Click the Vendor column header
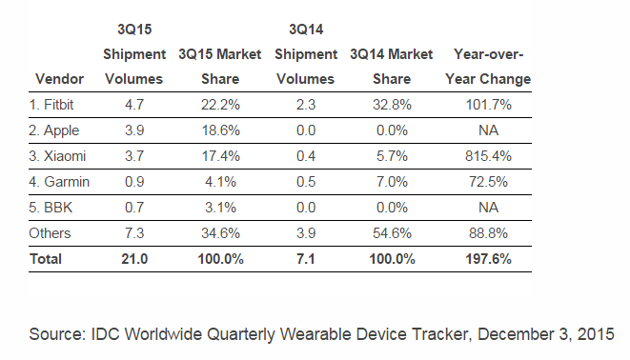[59, 79]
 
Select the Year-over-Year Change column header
[488, 67]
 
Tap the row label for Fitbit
[51, 105]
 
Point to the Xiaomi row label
[57, 156]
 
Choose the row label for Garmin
[59, 182]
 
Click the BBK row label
[51, 208]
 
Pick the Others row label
[50, 233]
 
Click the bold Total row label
[46, 259]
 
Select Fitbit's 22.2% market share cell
[220, 105]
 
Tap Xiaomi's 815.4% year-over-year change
[488, 156]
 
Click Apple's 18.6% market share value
[220, 130]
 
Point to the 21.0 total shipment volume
[134, 259]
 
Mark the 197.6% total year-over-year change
[488, 259]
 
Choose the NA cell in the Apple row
[488, 130]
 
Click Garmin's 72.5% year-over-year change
[488, 182]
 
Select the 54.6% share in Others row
[392, 233]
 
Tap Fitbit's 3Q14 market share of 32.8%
[392, 105]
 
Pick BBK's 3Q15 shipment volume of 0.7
[134, 208]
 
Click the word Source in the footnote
[57, 334]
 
